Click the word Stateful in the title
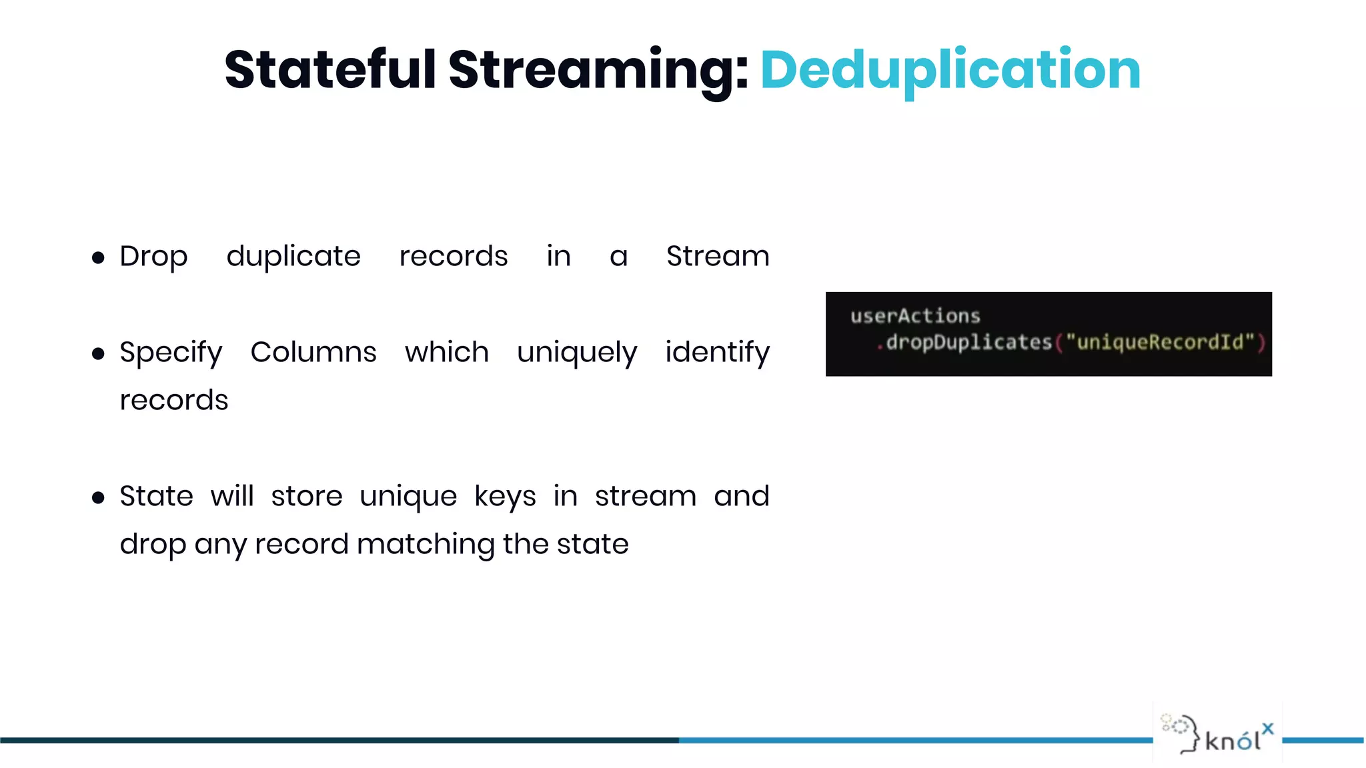click(x=330, y=70)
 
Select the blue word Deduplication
click(x=950, y=70)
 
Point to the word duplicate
click(x=293, y=257)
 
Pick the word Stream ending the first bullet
click(x=718, y=257)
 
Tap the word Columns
click(x=313, y=352)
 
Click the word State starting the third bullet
click(x=156, y=497)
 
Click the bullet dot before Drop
click(x=98, y=258)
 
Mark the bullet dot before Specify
click(x=98, y=354)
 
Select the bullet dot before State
click(x=98, y=498)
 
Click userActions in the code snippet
click(x=915, y=316)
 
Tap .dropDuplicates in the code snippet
click(x=964, y=343)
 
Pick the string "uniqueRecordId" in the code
click(x=1160, y=343)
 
